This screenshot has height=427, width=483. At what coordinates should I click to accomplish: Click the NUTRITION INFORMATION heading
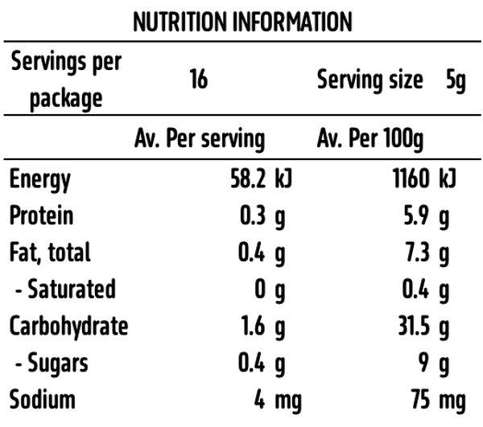242,21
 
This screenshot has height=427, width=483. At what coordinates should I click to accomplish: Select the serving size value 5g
456,80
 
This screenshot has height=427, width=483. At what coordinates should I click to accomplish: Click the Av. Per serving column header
200,140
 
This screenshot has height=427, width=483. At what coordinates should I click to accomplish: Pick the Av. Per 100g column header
369,140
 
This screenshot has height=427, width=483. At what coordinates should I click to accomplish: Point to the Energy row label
40,179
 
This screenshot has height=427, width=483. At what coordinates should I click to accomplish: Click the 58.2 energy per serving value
250,179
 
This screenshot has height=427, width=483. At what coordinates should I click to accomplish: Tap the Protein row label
41,216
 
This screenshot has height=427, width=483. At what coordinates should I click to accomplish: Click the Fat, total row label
50,253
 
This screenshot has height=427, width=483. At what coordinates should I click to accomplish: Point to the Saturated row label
65,289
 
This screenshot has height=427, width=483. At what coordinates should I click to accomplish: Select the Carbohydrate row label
68,326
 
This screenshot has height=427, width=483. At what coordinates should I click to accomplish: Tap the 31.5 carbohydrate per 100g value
414,326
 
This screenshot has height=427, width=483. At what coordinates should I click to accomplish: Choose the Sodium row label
42,400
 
